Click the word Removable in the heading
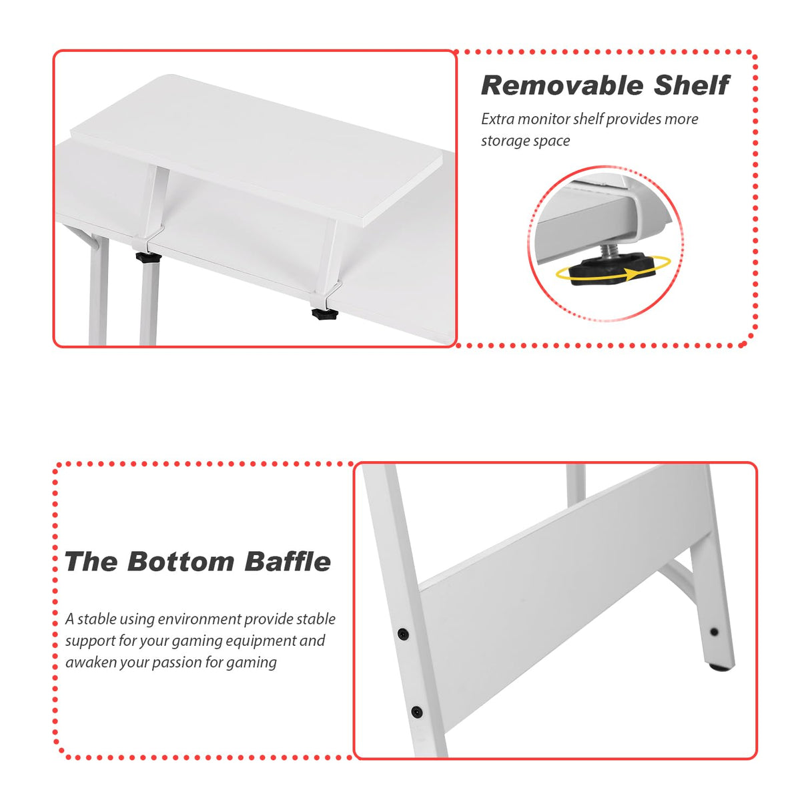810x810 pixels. [x=561, y=85]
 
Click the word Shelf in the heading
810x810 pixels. [x=691, y=85]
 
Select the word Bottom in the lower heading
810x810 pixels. [x=181, y=562]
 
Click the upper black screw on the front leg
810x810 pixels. [x=403, y=633]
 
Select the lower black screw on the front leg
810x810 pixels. [x=416, y=712]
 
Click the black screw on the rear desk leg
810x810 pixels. [x=714, y=631]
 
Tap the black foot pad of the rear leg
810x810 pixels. [x=719, y=666]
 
